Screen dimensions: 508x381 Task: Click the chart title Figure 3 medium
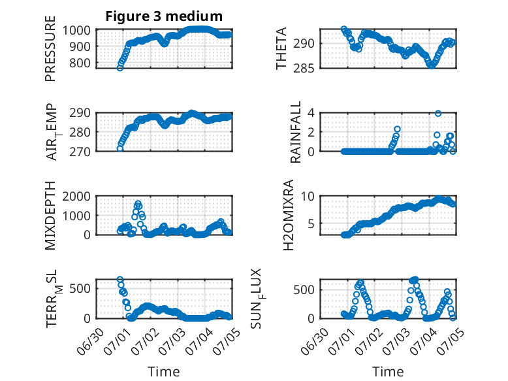click(164, 16)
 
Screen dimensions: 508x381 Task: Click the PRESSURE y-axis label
click(50, 48)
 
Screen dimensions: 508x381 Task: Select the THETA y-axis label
click(281, 48)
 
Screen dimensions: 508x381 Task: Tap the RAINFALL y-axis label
click(296, 132)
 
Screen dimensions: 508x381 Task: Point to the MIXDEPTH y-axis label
click(50, 216)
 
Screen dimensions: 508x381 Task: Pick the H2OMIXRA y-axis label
click(288, 215)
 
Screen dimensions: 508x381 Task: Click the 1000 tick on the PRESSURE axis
click(76, 30)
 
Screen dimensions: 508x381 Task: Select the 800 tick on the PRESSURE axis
click(80, 63)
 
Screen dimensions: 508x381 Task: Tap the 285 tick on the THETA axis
click(304, 69)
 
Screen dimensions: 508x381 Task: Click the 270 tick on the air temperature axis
click(80, 152)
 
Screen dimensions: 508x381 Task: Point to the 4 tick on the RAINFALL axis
click(311, 113)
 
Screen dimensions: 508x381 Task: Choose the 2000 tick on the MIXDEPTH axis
click(76, 197)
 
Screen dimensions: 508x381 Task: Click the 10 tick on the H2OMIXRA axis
click(308, 197)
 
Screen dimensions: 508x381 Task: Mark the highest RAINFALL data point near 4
click(438, 113)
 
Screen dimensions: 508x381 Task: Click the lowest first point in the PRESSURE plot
click(120, 68)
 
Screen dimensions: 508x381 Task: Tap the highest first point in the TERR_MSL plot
click(120, 280)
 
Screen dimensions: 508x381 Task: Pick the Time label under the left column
click(164, 371)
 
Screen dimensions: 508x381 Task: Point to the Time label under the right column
click(388, 371)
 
